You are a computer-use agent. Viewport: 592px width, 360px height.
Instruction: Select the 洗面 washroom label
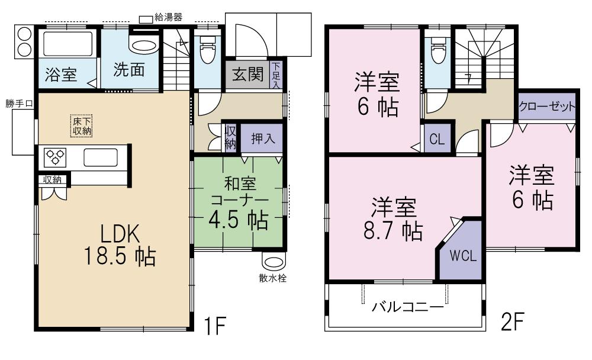point(128,70)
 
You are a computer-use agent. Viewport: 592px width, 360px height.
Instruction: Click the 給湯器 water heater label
point(168,18)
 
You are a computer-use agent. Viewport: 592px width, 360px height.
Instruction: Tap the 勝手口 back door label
point(20,103)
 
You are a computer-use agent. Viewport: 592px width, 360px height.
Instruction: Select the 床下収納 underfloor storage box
point(82,126)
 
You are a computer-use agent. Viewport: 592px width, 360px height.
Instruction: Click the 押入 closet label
point(258,140)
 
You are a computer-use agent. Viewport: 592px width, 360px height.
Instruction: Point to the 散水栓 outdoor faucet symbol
point(273,262)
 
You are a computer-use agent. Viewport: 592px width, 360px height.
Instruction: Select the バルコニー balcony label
point(408,307)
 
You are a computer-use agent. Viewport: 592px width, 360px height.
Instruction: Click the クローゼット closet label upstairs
point(547,107)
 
